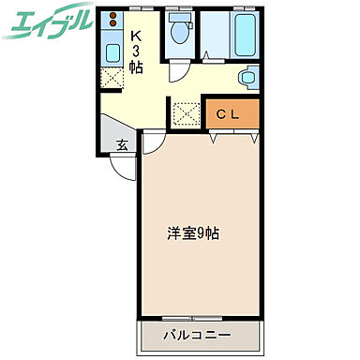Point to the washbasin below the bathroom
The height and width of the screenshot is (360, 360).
(x=247, y=78)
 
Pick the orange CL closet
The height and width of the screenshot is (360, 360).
(x=229, y=114)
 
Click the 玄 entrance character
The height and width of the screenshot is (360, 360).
(x=122, y=144)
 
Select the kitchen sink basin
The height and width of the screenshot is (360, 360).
(x=112, y=52)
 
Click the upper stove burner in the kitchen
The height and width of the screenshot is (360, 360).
(x=112, y=17)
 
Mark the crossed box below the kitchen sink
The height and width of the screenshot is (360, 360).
(x=112, y=78)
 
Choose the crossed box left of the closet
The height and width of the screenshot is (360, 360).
(x=185, y=115)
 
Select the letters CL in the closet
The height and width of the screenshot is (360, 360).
(x=229, y=114)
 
